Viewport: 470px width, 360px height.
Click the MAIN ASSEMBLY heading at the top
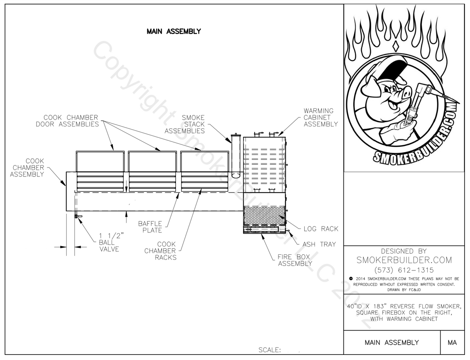[174, 31]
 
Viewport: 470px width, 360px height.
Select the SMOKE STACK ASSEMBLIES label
[185, 124]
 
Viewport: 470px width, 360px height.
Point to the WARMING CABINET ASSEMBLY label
[320, 117]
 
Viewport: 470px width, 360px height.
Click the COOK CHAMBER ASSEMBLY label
[27, 167]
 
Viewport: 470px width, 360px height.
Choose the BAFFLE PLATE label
[150, 227]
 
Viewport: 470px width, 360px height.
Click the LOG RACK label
[320, 229]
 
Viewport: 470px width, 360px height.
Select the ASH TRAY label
[319, 244]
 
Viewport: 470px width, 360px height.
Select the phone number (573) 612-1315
[403, 270]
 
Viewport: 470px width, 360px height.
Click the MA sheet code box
[452, 342]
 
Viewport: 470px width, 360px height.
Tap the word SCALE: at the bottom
[269, 350]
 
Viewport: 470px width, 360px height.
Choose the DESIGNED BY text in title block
[403, 251]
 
